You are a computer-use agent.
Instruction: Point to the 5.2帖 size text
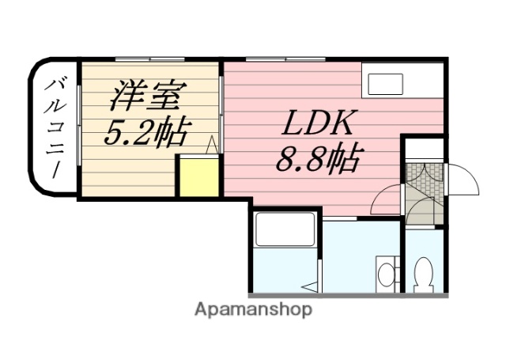(147, 132)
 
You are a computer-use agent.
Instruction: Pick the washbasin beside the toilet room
(386, 274)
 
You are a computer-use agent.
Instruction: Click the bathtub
(285, 229)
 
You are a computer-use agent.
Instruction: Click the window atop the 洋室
(148, 60)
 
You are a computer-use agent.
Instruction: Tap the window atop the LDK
(285, 60)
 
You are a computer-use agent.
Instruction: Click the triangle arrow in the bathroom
(313, 286)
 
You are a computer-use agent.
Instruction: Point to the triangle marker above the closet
(212, 146)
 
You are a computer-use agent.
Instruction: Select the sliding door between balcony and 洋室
(80, 127)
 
